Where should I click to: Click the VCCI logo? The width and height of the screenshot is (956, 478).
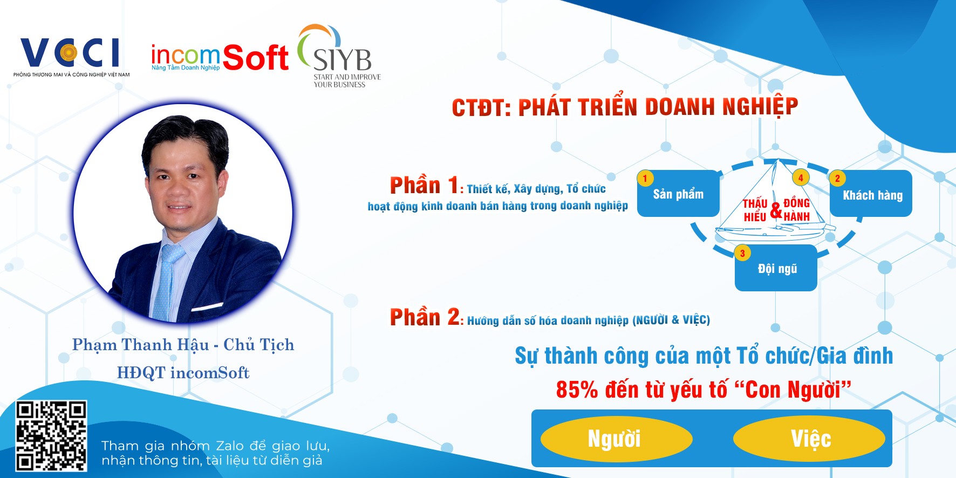[x=72, y=57]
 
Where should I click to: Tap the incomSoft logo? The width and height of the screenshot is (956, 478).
[x=220, y=58]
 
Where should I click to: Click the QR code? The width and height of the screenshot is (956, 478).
[x=51, y=436]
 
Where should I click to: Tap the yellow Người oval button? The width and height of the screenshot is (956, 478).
[x=616, y=438]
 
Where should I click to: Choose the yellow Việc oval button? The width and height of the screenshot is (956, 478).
[x=809, y=438]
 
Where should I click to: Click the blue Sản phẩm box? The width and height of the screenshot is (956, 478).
[x=679, y=194]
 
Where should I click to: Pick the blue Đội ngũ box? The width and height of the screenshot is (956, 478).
[x=776, y=268]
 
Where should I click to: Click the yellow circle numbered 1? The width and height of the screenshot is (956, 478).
[x=645, y=178]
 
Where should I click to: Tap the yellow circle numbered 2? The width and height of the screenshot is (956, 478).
[x=837, y=178]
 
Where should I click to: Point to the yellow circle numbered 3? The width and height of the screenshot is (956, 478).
[x=742, y=253]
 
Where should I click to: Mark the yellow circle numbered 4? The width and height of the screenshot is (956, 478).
[x=801, y=177]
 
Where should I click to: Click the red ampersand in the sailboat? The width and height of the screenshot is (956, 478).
[x=776, y=210]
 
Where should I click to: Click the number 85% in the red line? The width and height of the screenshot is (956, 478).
[x=577, y=390]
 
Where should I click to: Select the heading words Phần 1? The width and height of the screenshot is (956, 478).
[x=424, y=185]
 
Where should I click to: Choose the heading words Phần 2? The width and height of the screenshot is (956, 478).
[x=425, y=317]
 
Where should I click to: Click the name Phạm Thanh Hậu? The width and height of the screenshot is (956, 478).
[x=140, y=345]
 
